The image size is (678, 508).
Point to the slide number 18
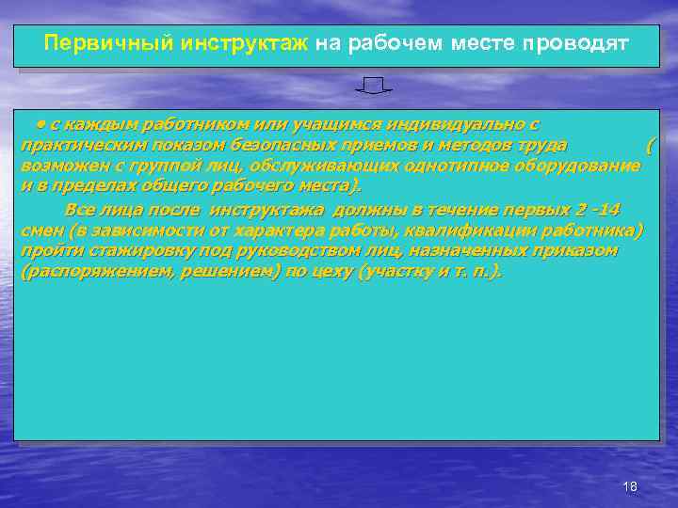click(x=630, y=485)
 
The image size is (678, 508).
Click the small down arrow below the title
click(x=374, y=87)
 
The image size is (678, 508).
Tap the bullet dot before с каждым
click(x=41, y=123)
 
